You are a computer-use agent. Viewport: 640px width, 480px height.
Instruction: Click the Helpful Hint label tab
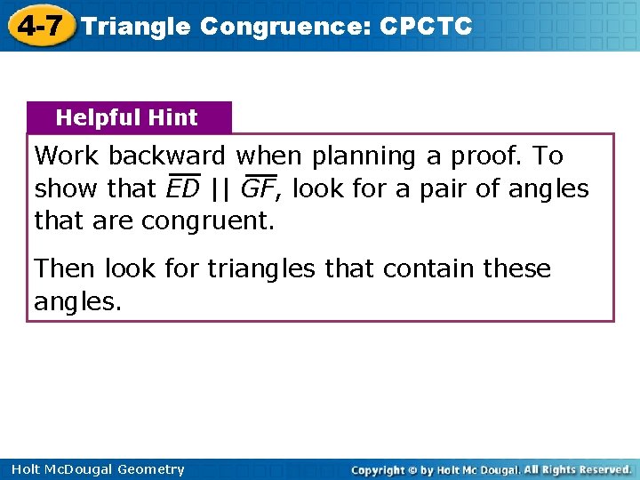click(127, 117)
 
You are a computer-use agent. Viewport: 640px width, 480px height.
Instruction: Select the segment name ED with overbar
click(183, 188)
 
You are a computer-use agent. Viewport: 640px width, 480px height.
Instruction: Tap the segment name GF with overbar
click(258, 188)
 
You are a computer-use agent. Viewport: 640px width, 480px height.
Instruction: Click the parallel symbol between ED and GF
click(220, 188)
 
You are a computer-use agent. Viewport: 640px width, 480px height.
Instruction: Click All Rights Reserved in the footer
click(578, 469)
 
